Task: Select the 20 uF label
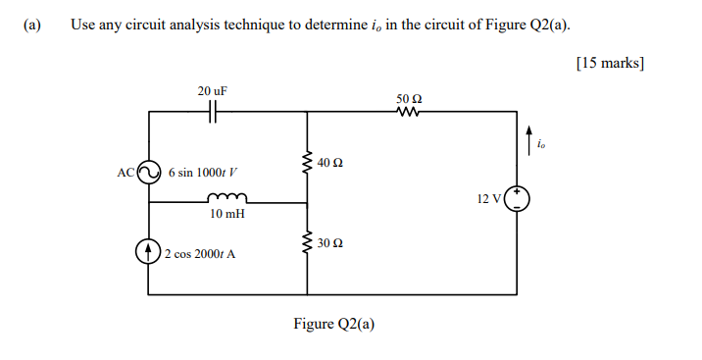pos(213,91)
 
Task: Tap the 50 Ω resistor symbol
pos(408,112)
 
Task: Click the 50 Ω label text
pos(409,98)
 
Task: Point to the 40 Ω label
pos(330,161)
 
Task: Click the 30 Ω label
pos(330,241)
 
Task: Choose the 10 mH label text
pos(226,213)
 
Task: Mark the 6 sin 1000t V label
pos(204,172)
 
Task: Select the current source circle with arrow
pos(148,253)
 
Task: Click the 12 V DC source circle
pos(517,199)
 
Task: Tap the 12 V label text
pos(489,199)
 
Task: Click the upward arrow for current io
pos(530,137)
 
